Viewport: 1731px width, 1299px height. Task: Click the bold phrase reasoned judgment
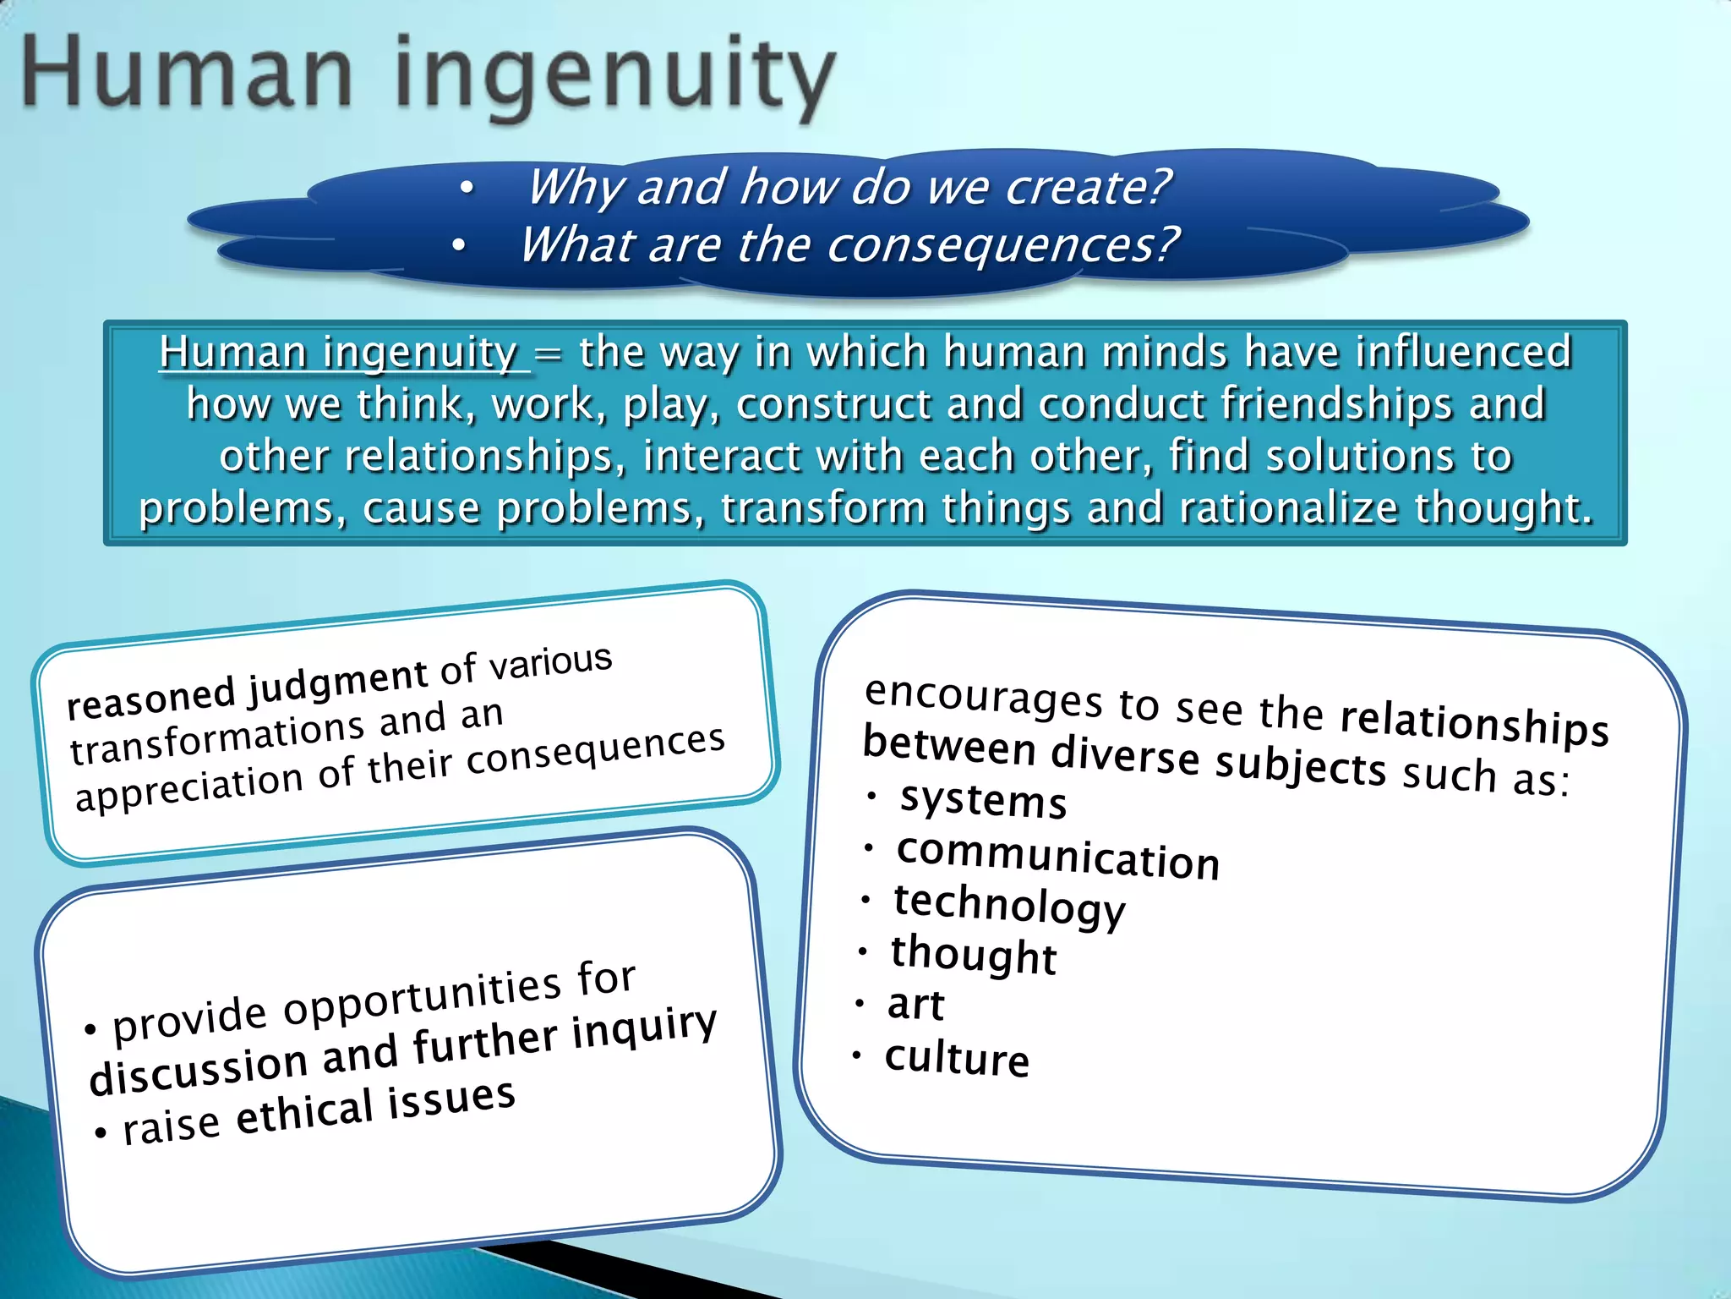[248, 689]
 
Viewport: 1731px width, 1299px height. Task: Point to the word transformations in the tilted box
[217, 739]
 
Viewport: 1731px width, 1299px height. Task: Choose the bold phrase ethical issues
[375, 1104]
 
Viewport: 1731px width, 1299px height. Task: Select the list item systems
[983, 800]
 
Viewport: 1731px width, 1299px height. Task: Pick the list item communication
[1058, 856]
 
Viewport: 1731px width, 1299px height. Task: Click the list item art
[915, 1006]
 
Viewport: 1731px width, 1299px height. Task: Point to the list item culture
[957, 1059]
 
